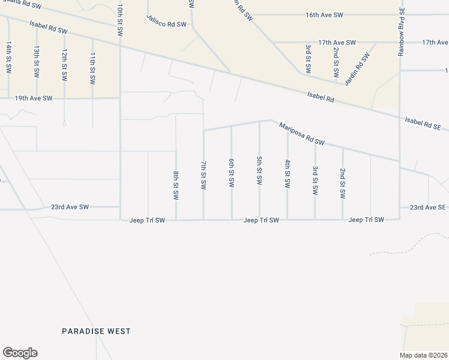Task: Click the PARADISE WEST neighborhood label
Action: tap(97, 331)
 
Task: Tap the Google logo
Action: tap(20, 353)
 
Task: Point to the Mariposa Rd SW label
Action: tap(301, 134)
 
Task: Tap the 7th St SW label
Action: tap(203, 175)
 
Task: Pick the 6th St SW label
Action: tap(231, 173)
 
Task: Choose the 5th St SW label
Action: tap(259, 170)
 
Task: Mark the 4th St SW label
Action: tap(288, 174)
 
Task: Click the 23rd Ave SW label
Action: tap(70, 207)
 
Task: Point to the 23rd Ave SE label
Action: tap(428, 207)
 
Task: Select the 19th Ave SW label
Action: tap(34, 98)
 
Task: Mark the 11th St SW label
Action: tap(92, 67)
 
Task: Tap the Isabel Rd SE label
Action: tap(423, 124)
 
